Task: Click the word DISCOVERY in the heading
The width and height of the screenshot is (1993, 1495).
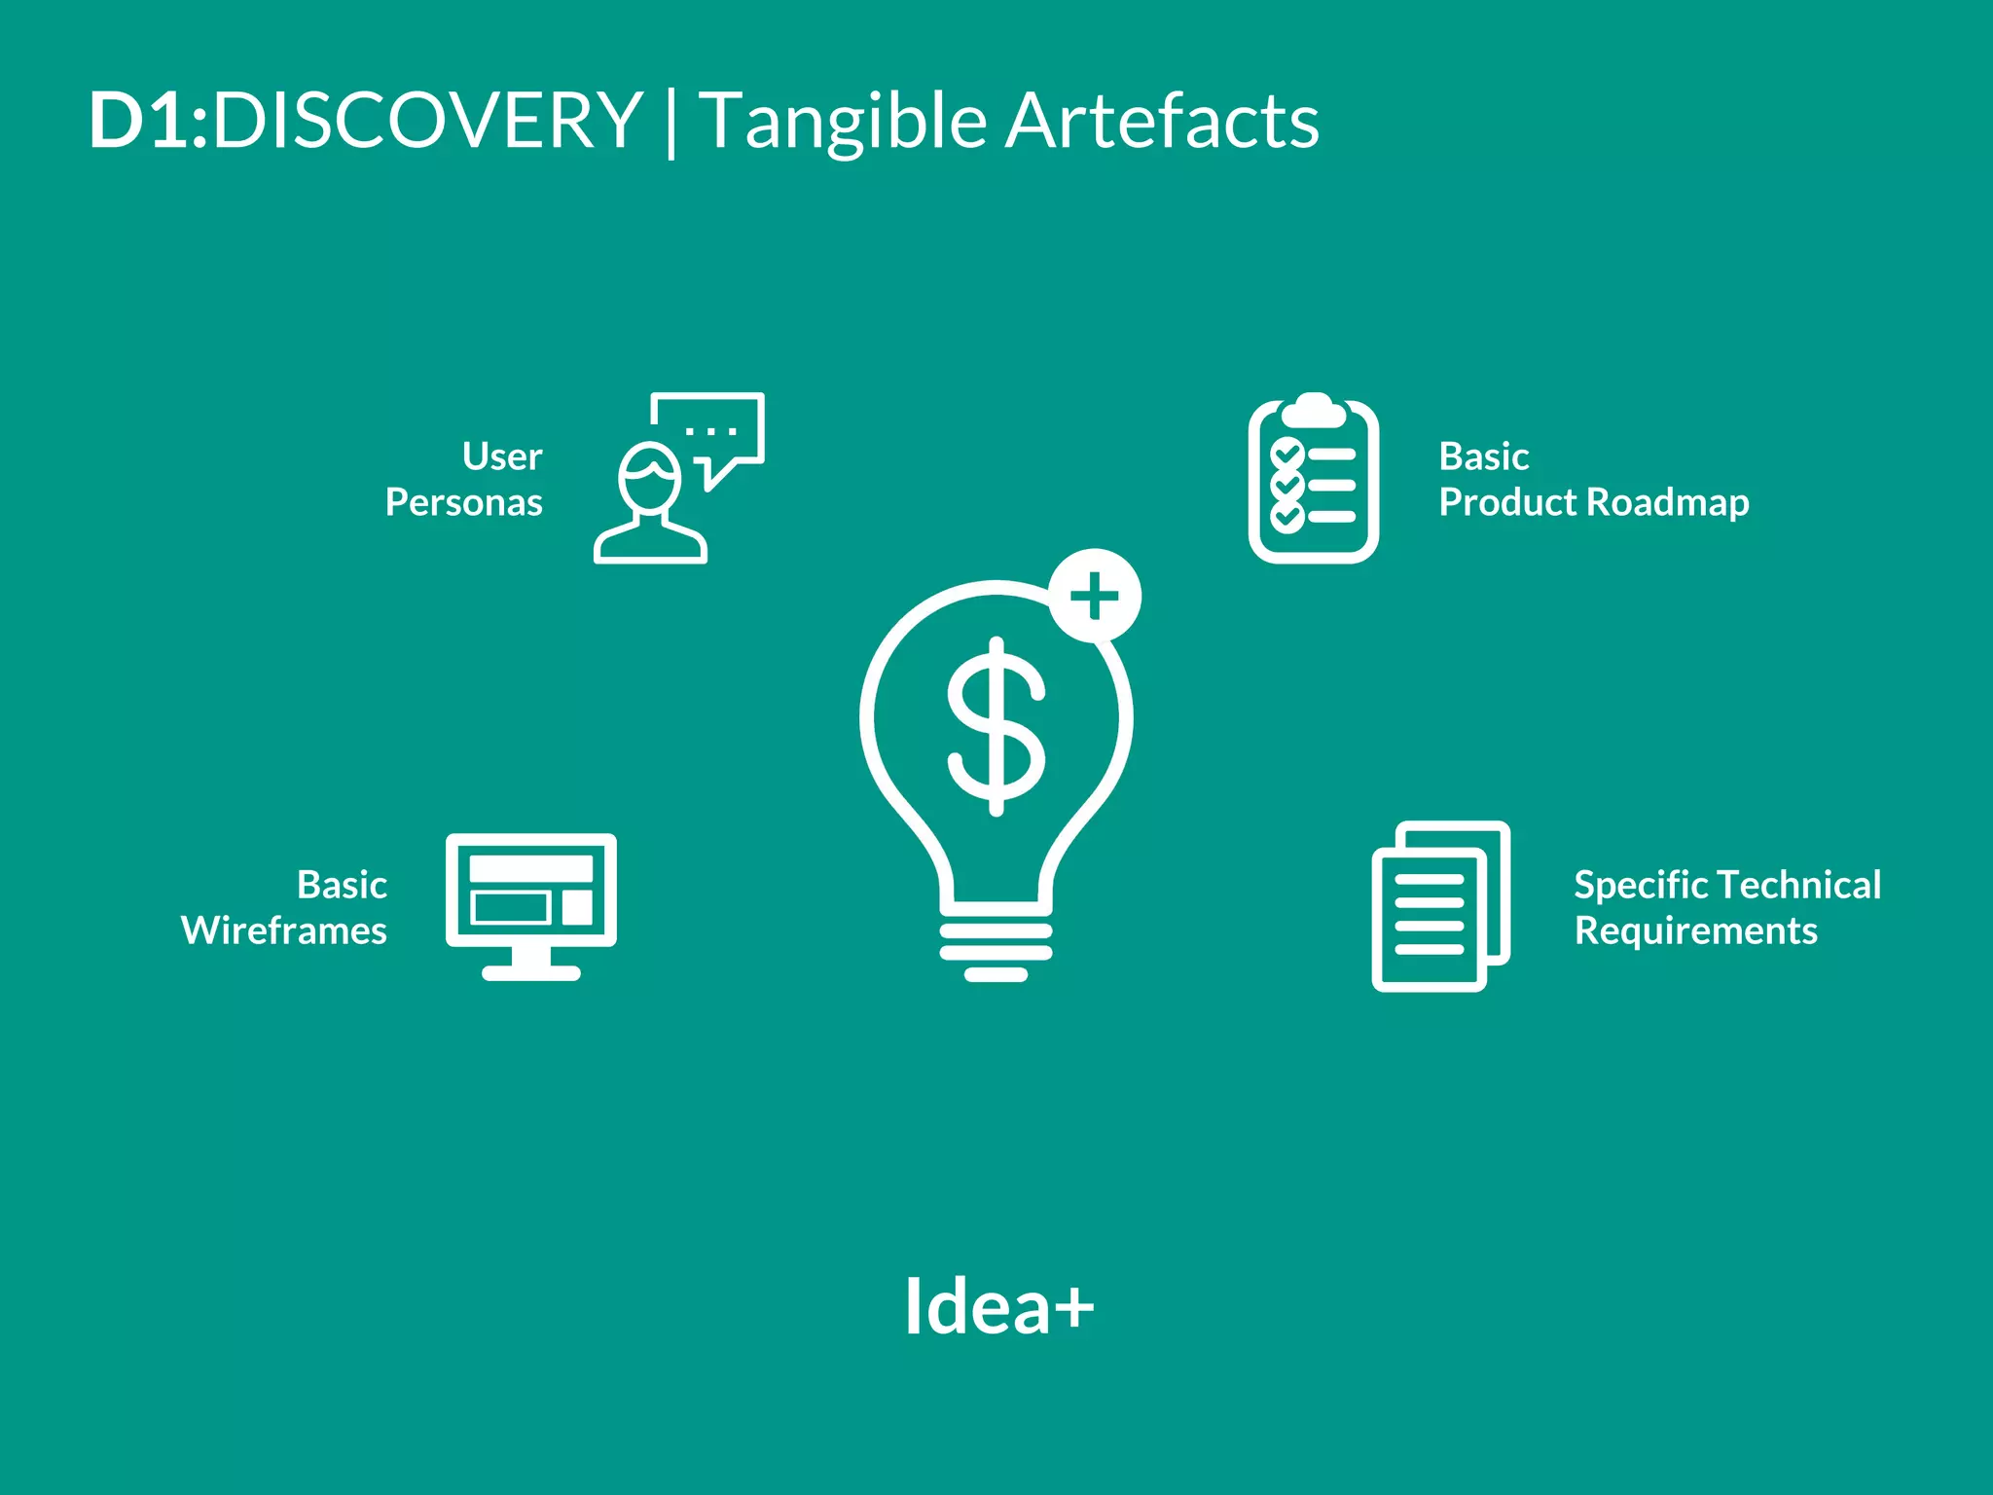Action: (427, 121)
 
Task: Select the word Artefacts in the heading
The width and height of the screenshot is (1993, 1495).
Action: (1162, 121)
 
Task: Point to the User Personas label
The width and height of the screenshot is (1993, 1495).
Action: (465, 480)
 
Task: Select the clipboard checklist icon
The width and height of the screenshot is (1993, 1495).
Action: (1313, 479)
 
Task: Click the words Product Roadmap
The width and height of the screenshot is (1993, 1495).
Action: (1593, 503)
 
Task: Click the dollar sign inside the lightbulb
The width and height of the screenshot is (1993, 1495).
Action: (996, 726)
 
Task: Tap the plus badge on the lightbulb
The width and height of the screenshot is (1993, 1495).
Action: (1095, 596)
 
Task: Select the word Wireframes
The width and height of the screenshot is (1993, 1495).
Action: (284, 931)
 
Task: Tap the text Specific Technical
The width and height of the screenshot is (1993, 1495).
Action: (1727, 885)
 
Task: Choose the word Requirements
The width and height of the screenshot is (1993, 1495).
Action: (1695, 931)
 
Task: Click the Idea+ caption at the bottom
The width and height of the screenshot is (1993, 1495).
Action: (998, 1306)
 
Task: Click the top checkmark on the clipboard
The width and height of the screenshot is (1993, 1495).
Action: (1287, 454)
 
